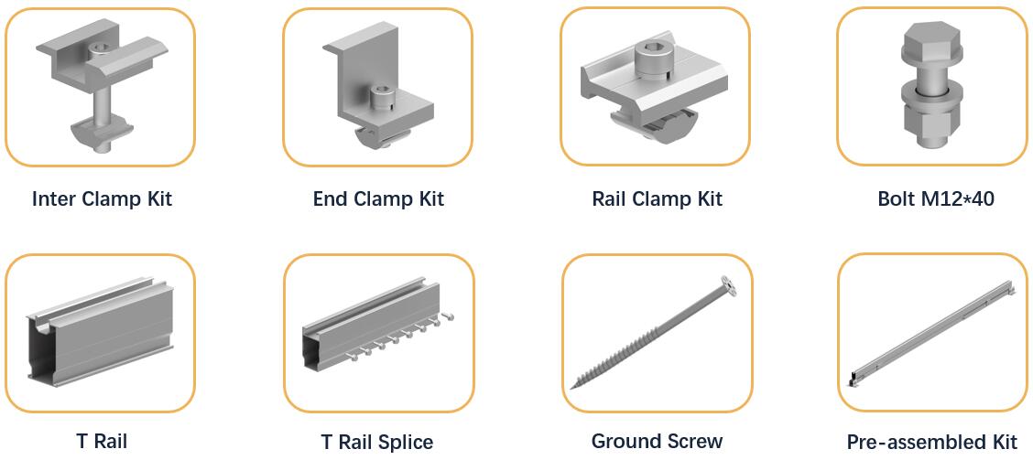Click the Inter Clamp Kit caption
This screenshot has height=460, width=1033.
(x=103, y=198)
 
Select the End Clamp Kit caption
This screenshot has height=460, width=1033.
(x=379, y=198)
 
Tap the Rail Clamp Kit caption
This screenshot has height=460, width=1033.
(x=657, y=198)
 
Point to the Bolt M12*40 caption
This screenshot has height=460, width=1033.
(x=936, y=198)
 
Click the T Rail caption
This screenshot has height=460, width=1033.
(x=102, y=441)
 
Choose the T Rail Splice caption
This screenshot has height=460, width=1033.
(x=376, y=443)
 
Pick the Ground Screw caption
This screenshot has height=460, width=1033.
(x=657, y=441)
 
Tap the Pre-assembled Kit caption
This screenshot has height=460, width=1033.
(x=931, y=442)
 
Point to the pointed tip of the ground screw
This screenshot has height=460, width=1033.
(x=571, y=388)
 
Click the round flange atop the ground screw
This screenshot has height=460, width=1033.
(x=729, y=283)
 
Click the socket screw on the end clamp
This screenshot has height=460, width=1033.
(x=380, y=99)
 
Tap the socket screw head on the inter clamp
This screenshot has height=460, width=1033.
(x=101, y=49)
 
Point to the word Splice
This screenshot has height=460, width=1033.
(x=402, y=443)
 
